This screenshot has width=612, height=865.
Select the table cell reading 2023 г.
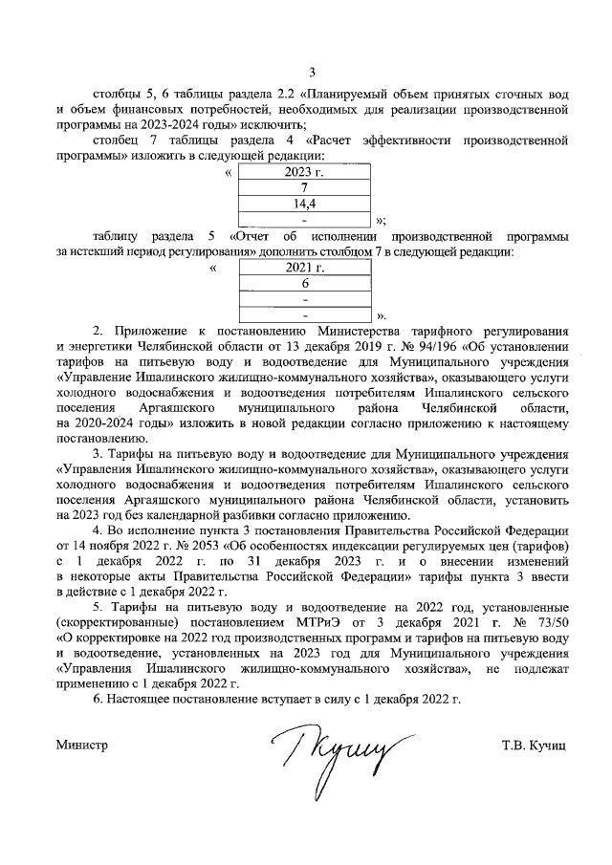pos(303,172)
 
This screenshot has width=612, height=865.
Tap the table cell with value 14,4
pos(303,204)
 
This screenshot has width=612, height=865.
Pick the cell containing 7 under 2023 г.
pos(303,188)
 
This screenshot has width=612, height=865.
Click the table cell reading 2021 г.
pos(304,268)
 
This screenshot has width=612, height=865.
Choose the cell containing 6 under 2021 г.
pos(304,283)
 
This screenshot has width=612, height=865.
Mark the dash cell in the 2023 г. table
pos(303,219)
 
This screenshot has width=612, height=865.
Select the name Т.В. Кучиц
pos(533,744)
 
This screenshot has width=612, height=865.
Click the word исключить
pos(277,125)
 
